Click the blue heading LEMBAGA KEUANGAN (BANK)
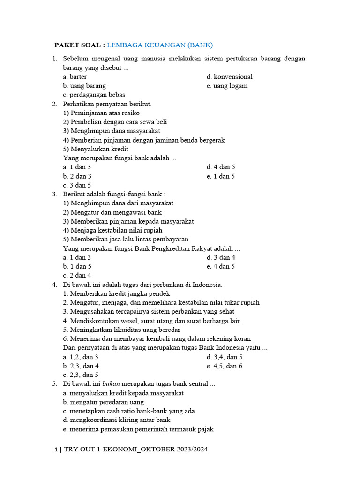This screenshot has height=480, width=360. pos(160,45)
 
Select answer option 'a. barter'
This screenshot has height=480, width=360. pos(75,77)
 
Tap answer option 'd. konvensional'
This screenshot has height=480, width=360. pos(229,77)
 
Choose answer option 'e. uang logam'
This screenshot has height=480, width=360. pos(227,86)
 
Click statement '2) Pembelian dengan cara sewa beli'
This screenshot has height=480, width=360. pos(115,122)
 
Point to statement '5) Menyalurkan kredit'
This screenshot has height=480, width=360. pos(96,149)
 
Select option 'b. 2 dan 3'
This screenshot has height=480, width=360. pos(77,176)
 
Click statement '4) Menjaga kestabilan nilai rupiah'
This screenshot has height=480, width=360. pos(112,230)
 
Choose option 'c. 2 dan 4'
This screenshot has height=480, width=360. pos(77,275)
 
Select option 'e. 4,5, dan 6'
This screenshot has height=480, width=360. pos(224,366)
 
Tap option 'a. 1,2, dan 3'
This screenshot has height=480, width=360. pos(81,357)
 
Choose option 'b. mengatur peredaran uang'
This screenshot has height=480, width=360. pos(103,402)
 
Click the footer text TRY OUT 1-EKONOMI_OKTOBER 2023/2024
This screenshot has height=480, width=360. pos(135,450)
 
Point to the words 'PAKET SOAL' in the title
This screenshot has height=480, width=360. pos(77,45)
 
